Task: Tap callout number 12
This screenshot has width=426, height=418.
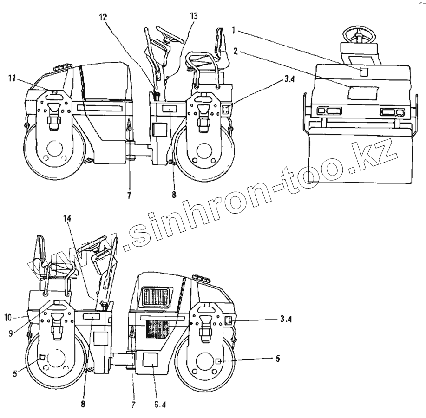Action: pyautogui.click(x=103, y=18)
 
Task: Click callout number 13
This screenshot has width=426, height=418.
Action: pyautogui.click(x=193, y=15)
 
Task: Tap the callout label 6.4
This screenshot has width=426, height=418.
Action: pyautogui.click(x=159, y=405)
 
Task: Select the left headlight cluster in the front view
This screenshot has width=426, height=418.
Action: pyautogui.click(x=329, y=111)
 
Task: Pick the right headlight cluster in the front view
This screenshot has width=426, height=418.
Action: pyautogui.click(x=392, y=112)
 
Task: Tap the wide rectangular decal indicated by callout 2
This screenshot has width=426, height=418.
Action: pyautogui.click(x=362, y=92)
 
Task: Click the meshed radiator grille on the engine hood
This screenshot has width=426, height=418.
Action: pyautogui.click(x=156, y=296)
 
